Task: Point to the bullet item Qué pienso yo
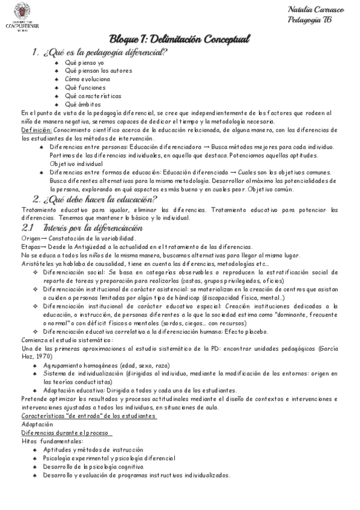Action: (x=85, y=63)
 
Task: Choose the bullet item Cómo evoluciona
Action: (x=88, y=79)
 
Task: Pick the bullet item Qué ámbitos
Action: (x=84, y=104)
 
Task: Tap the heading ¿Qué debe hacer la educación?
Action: (x=96, y=199)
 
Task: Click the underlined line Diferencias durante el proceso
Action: (x=66, y=433)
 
